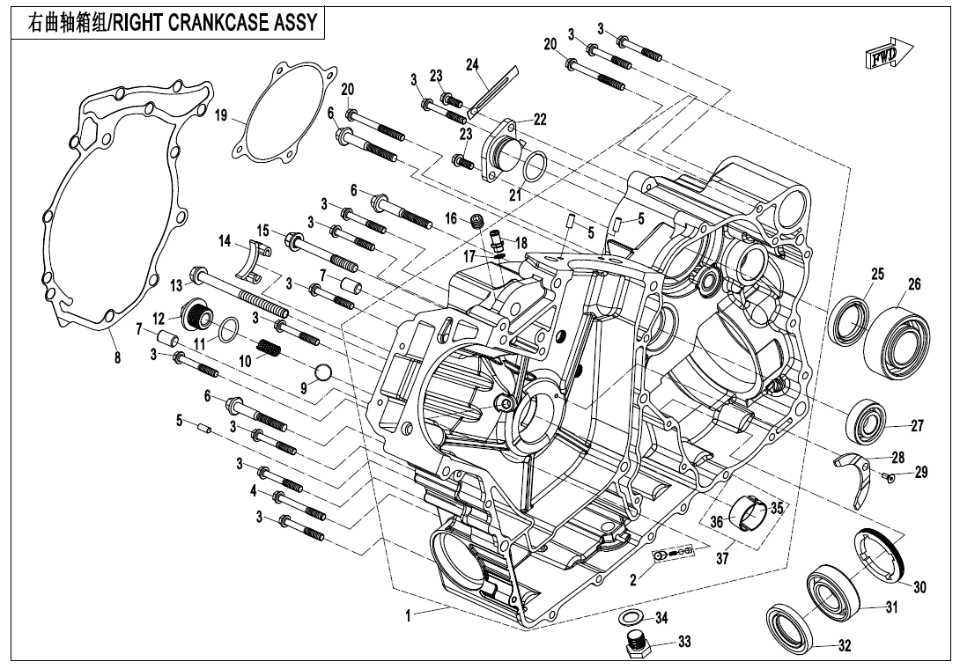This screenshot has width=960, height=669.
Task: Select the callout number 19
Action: (221, 115)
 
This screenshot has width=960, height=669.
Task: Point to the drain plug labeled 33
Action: (635, 644)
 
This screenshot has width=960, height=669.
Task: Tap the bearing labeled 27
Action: (868, 422)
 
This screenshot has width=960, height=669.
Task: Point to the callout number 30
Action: (919, 587)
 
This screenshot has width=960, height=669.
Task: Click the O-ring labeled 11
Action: (227, 330)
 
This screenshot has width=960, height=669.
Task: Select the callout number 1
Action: (409, 616)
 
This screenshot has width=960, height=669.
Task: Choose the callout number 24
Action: (472, 64)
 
